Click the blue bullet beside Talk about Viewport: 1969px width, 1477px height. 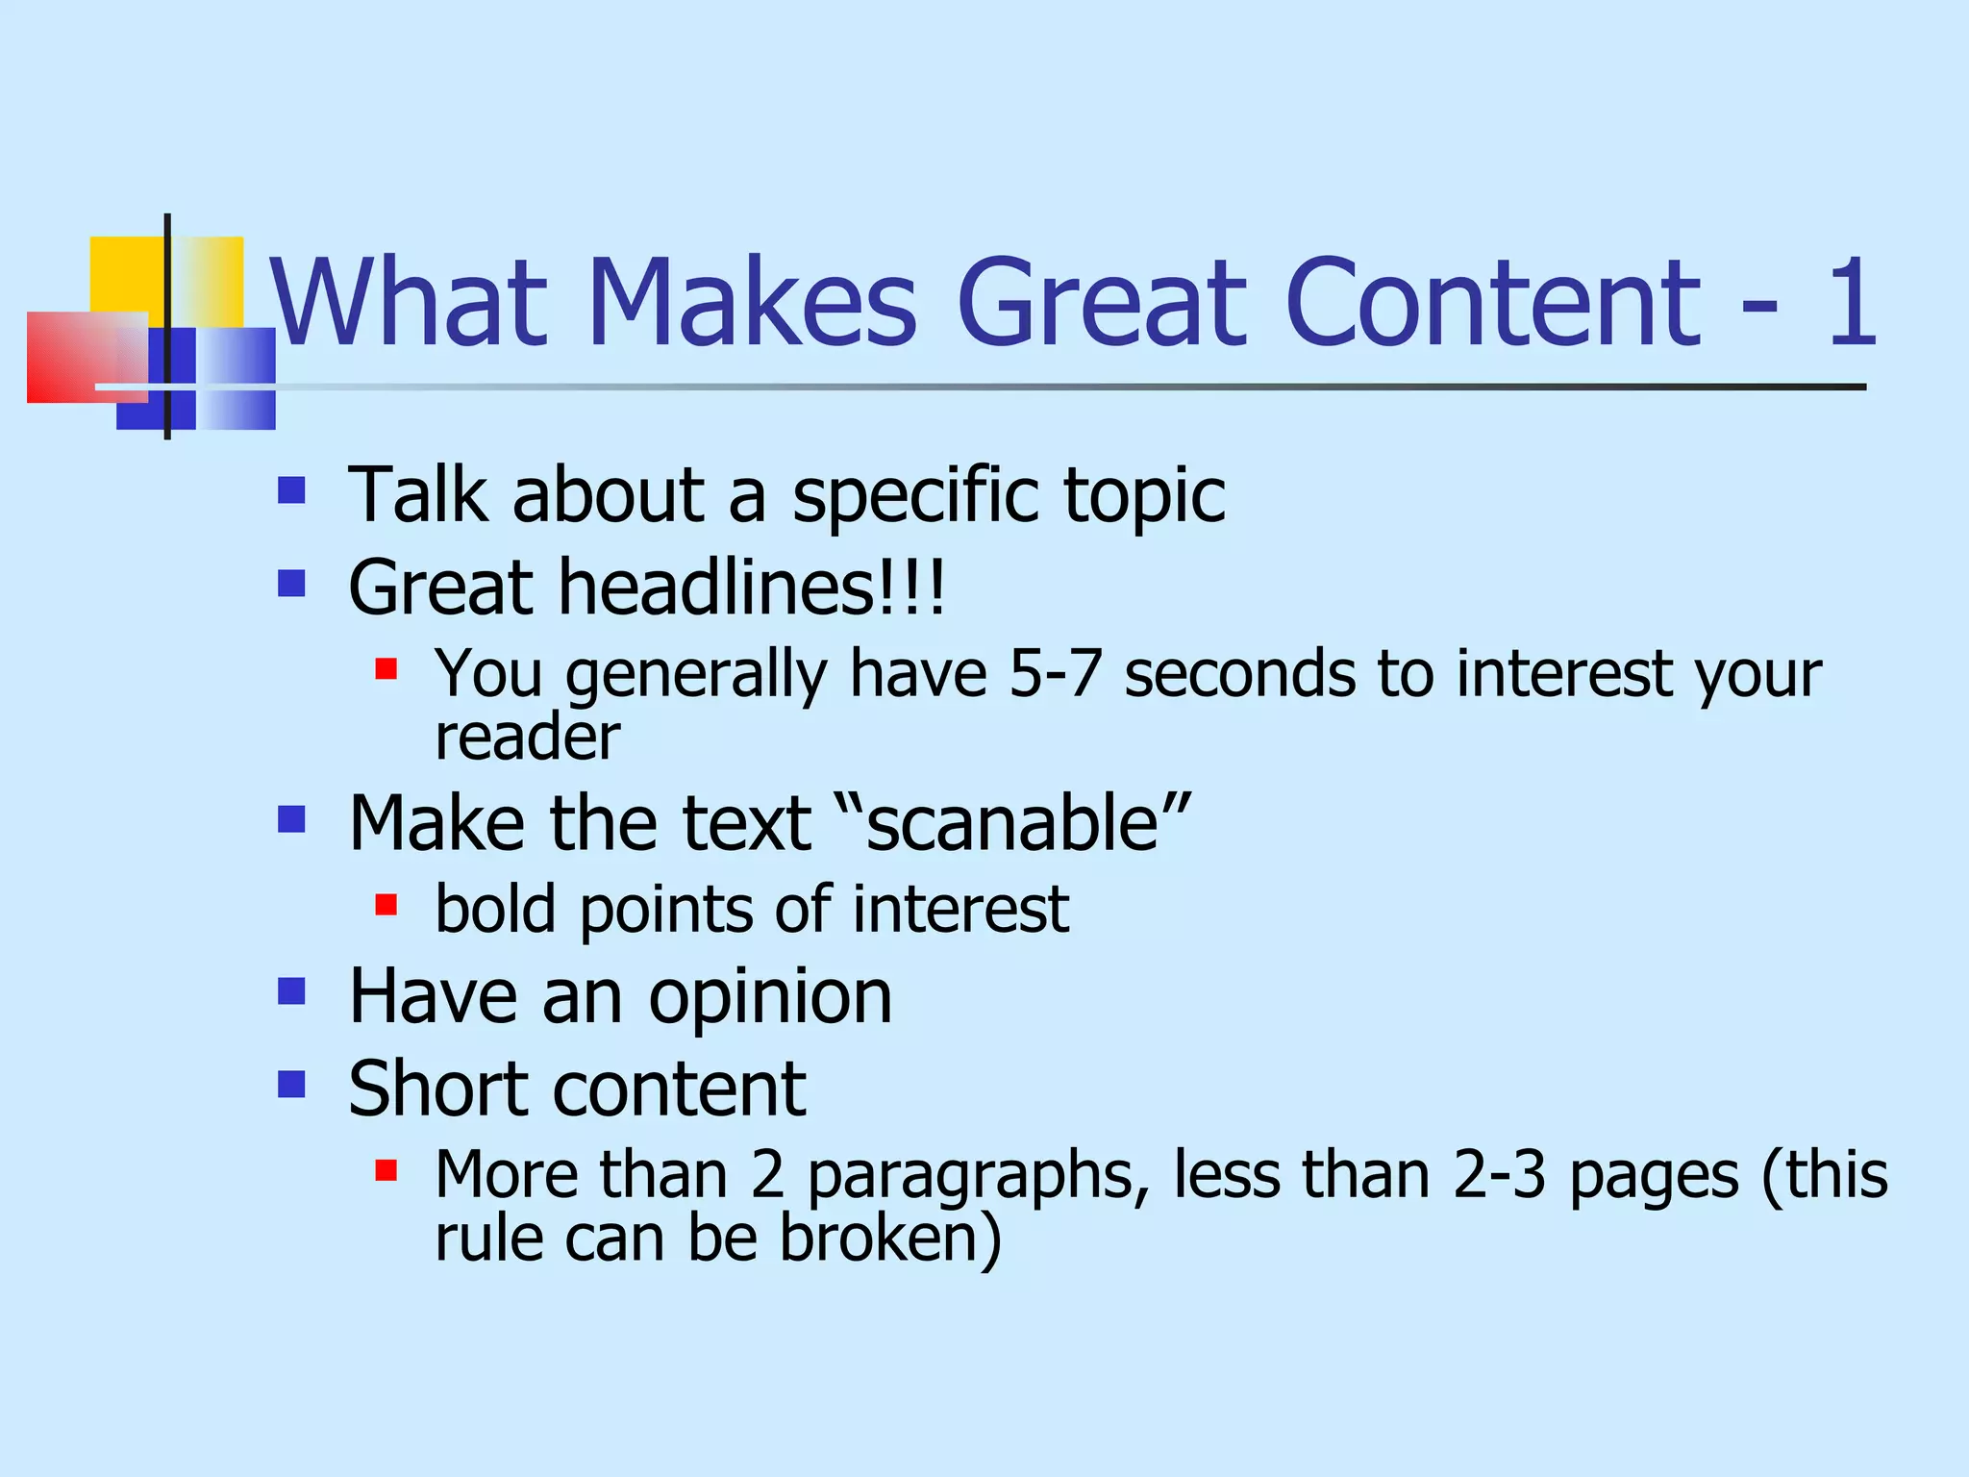point(291,491)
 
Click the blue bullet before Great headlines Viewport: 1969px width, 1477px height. point(291,584)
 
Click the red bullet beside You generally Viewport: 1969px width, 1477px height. point(386,668)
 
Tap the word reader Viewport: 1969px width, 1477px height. point(527,738)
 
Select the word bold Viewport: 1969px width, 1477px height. point(495,909)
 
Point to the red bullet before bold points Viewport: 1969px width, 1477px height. point(386,905)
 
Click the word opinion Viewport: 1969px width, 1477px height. point(770,998)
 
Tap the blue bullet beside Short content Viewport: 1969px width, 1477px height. point(291,1085)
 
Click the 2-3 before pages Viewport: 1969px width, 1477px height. point(1499,1174)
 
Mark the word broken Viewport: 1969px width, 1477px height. point(890,1238)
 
